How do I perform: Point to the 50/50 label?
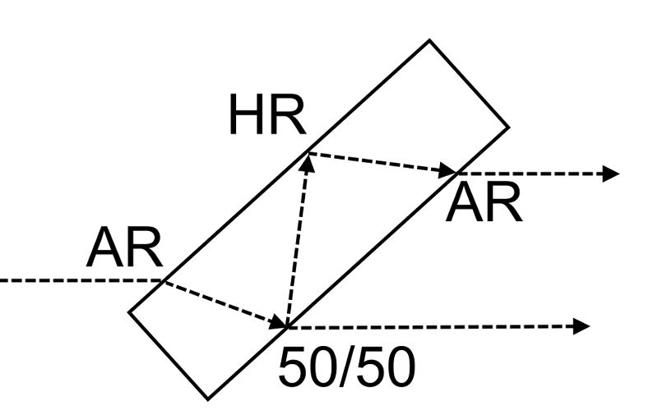click(341, 369)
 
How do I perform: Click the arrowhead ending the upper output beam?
click(610, 173)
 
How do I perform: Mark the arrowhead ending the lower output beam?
click(582, 326)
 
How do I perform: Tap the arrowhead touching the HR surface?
click(308, 161)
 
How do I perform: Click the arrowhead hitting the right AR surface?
click(449, 172)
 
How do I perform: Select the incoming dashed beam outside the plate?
click(82, 281)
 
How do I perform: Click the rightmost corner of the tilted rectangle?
click(507, 127)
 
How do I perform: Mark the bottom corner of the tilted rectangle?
click(205, 397)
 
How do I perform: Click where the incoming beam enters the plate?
click(161, 281)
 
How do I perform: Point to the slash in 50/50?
click(342, 369)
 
